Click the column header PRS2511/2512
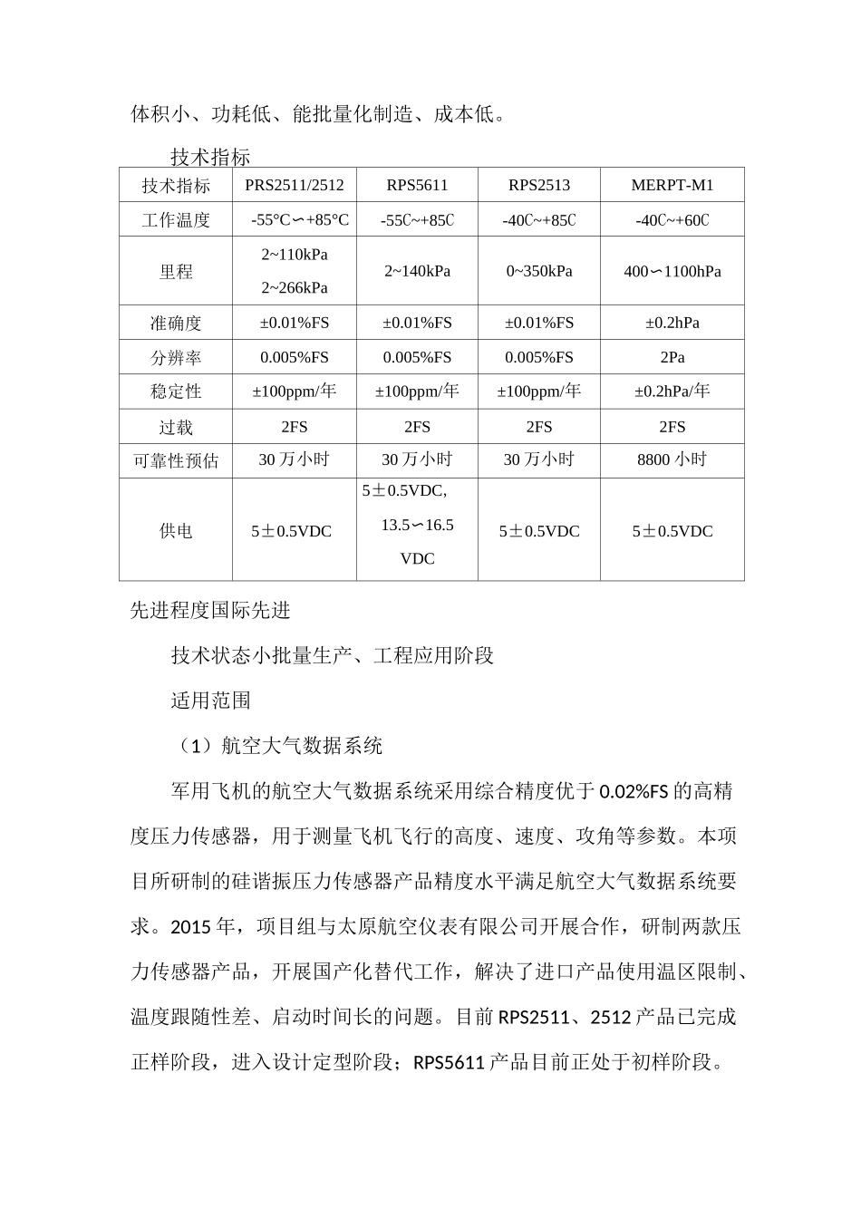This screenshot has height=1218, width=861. tap(295, 186)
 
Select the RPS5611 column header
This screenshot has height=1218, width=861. tap(417, 186)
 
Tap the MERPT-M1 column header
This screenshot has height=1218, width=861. tap(672, 186)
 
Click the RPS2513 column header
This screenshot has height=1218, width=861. tap(539, 186)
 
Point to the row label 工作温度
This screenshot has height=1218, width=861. tap(176, 220)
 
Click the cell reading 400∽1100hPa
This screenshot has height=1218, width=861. tap(672, 271)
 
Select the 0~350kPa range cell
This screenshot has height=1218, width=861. tap(539, 271)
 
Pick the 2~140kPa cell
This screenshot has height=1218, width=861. tap(417, 271)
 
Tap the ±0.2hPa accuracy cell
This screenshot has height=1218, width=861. tap(672, 323)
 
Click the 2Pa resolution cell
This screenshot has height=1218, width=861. tap(672, 357)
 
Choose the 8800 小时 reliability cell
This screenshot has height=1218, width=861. tap(672, 459)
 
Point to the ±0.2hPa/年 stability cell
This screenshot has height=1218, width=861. tap(672, 391)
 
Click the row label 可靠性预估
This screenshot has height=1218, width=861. tap(176, 460)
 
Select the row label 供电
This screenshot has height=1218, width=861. tap(176, 531)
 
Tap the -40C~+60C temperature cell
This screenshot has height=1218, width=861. tap(672, 220)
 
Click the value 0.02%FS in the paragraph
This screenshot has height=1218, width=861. tap(634, 791)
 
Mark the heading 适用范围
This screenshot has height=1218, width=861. tap(210, 701)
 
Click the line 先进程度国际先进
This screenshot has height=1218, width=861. tap(210, 610)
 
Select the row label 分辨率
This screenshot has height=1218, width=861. tap(176, 358)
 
